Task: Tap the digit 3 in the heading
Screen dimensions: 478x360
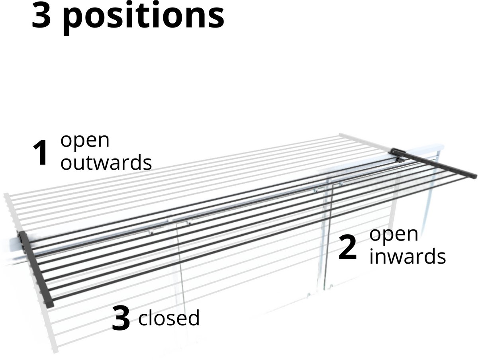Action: (41, 15)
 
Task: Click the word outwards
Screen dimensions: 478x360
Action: (106, 162)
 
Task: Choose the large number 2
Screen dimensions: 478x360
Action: (348, 248)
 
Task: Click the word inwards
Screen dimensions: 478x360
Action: (407, 256)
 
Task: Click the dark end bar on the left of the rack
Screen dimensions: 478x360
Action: (36, 269)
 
